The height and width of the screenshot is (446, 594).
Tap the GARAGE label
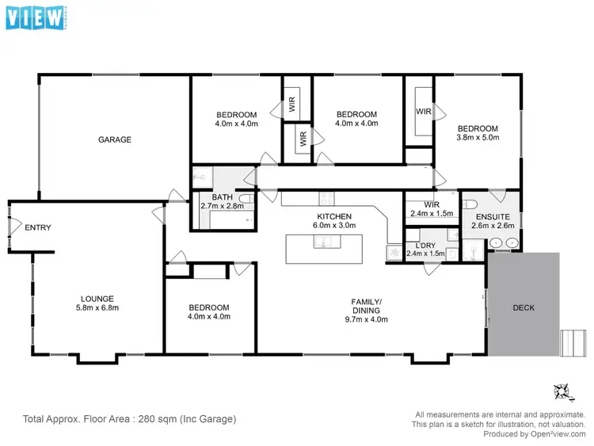[115, 139]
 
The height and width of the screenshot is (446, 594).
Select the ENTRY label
[38, 227]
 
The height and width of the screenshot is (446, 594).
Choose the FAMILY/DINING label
[367, 306]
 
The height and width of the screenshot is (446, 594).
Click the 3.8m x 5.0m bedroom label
[477, 133]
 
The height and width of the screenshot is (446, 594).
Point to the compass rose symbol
[563, 391]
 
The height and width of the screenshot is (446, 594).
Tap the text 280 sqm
[148, 418]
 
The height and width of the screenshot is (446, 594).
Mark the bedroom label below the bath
[209, 312]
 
